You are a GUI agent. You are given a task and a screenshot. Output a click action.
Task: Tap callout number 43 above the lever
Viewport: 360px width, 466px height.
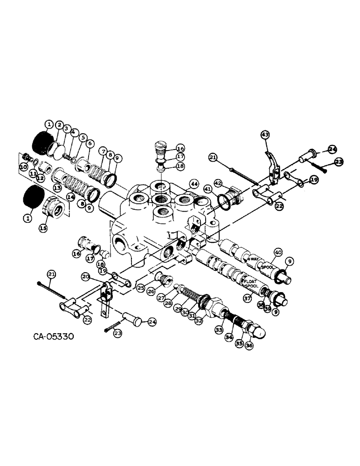pyautogui.click(x=265, y=135)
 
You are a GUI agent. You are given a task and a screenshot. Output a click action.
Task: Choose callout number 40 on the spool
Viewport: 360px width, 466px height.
pyautogui.click(x=278, y=252)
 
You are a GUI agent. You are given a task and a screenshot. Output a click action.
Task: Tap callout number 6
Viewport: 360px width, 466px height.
pyautogui.click(x=90, y=144)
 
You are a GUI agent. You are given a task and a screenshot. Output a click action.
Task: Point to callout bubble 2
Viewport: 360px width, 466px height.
pyautogui.click(x=60, y=125)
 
